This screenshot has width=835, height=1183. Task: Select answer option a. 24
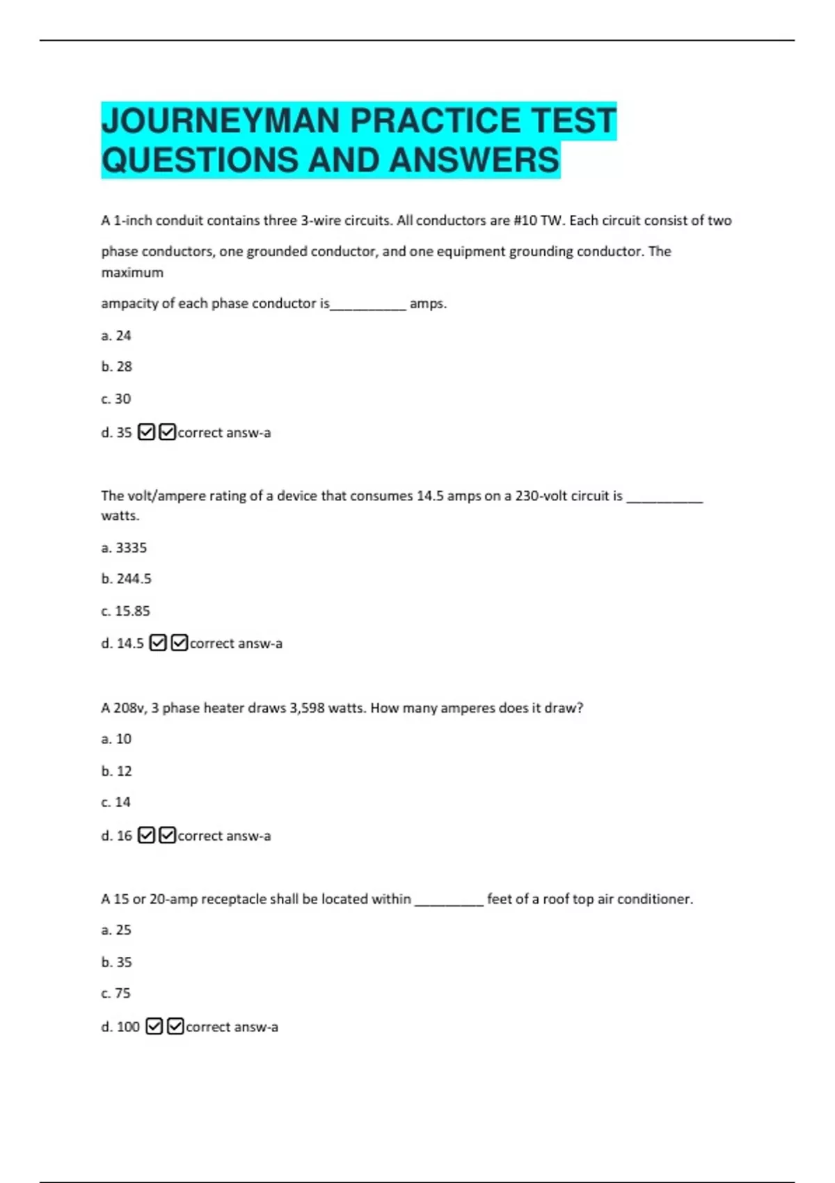tap(116, 335)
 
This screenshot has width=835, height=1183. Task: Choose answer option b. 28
tap(116, 366)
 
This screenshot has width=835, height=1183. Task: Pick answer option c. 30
tap(116, 399)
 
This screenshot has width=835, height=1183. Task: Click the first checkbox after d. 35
tap(146, 432)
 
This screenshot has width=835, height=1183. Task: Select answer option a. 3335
tap(124, 548)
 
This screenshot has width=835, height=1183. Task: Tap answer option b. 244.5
tap(126, 578)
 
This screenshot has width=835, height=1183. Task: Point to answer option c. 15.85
tap(125, 611)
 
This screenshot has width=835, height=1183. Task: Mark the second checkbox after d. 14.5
tap(179, 643)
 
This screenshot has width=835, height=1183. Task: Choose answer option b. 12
tap(116, 771)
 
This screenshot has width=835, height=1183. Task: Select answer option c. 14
tap(116, 802)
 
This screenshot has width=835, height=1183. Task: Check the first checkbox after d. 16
tap(146, 835)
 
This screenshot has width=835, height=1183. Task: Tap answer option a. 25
tap(116, 930)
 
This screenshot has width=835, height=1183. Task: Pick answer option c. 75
tap(116, 993)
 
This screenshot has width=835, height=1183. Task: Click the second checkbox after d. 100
tap(175, 1026)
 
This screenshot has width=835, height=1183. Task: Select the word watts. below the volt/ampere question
tap(120, 516)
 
